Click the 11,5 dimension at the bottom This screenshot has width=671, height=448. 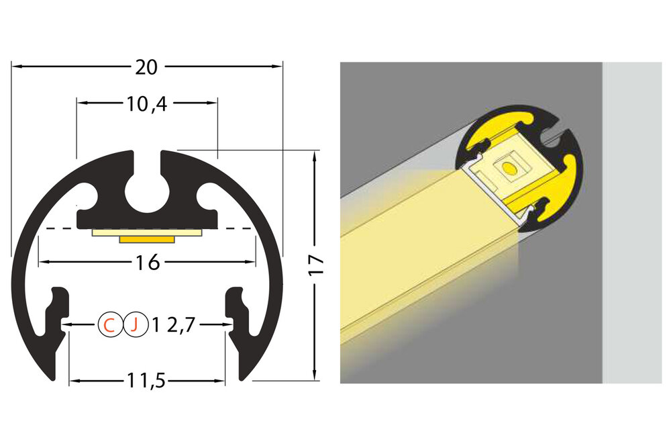coord(147,382)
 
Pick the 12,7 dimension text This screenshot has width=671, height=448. coord(173,325)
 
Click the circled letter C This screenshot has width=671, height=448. coord(109,325)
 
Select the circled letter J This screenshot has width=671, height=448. coord(135,325)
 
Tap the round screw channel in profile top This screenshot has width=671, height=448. coord(147,190)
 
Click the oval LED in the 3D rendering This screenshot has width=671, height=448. coord(507,167)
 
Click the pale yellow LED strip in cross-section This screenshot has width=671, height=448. coord(147,232)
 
